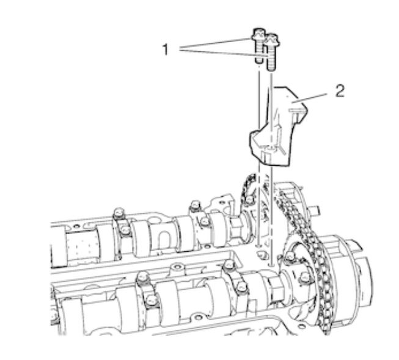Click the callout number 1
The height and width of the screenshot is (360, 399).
tap(166, 50)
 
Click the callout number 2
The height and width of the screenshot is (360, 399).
tap(340, 91)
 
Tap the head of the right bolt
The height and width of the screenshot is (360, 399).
tap(272, 41)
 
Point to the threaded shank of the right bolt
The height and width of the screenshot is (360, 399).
tap(271, 59)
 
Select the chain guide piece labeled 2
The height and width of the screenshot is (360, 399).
tap(278, 127)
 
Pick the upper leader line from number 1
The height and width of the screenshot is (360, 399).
tap(215, 43)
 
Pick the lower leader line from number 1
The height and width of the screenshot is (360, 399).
tap(223, 53)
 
